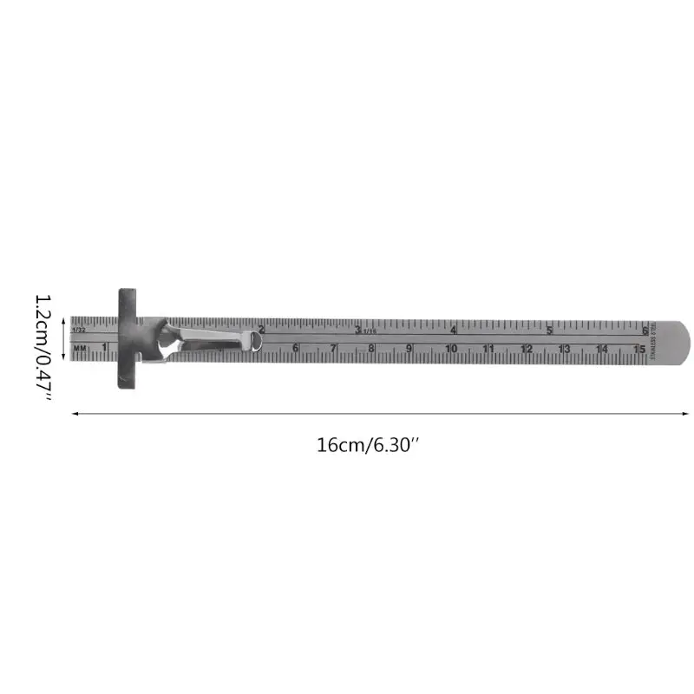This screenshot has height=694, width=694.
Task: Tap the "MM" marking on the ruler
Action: tap(81, 349)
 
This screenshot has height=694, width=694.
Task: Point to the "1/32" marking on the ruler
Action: tap(79, 331)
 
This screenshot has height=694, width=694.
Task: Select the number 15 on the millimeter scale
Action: tap(639, 349)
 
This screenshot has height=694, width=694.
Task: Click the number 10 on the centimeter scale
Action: tap(451, 349)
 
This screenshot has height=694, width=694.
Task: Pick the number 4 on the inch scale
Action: tap(454, 330)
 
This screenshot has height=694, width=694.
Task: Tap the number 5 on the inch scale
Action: tap(549, 330)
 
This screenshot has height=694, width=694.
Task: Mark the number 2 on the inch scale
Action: tap(262, 329)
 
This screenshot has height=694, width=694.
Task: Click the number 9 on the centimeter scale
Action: tap(409, 349)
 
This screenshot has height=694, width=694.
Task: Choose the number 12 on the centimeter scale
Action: tap(527, 349)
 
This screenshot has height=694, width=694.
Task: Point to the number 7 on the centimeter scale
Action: tap(333, 349)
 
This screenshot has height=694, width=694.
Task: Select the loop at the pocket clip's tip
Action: tap(256, 341)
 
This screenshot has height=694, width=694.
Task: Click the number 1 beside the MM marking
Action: tap(104, 348)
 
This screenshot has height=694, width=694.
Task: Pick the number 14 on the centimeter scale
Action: tap(602, 349)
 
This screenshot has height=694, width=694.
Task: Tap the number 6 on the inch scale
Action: tap(645, 330)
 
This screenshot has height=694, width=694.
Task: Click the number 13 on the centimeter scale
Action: tap(564, 349)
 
